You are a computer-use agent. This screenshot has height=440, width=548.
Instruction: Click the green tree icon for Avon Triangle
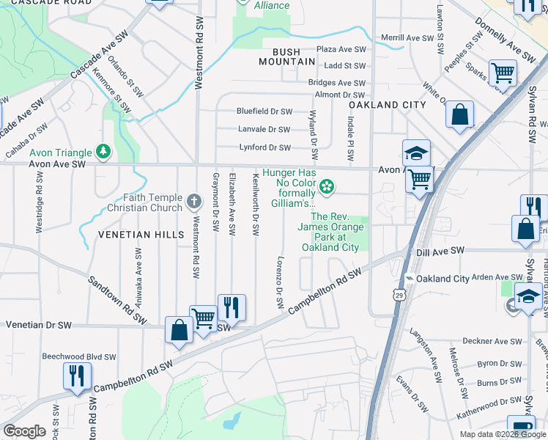pyautogui.click(x=104, y=153)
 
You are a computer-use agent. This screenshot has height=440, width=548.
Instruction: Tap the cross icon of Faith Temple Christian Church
pyautogui.click(x=194, y=202)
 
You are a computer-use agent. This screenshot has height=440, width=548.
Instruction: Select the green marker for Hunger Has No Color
pyautogui.click(x=328, y=188)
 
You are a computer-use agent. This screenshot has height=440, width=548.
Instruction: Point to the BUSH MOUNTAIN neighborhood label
pyautogui.click(x=276, y=57)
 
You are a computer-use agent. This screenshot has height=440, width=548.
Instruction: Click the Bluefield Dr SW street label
pyautogui.click(x=264, y=111)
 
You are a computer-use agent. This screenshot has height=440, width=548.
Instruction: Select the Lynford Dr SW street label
pyautogui.click(x=266, y=147)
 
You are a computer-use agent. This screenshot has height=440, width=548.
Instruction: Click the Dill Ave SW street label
pyautogui.click(x=440, y=251)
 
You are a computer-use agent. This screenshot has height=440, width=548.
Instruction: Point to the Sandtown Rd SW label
pyautogui.click(x=116, y=299)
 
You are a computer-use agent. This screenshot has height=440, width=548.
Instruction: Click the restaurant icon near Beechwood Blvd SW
pyautogui.click(x=77, y=376)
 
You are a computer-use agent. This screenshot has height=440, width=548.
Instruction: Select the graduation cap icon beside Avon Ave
pyautogui.click(x=416, y=153)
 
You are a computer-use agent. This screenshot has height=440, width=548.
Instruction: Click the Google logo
pyautogui.click(x=24, y=431)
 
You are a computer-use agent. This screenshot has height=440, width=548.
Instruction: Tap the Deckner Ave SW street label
pyautogui.click(x=494, y=341)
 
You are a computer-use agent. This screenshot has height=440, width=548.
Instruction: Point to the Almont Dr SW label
pyautogui.click(x=339, y=95)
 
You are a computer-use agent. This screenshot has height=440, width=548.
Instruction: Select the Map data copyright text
pyautogui.click(x=502, y=433)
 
